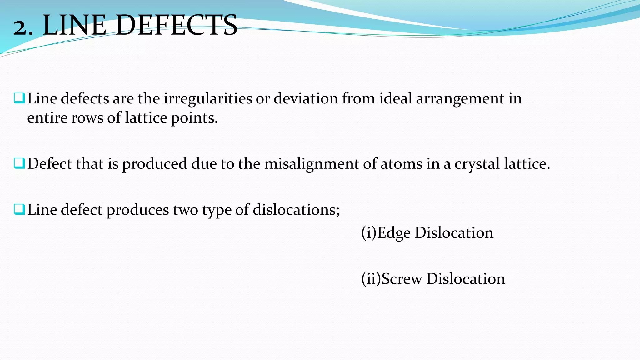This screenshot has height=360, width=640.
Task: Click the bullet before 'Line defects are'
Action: pos(19,98)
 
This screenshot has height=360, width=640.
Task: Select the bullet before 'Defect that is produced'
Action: pos(19,163)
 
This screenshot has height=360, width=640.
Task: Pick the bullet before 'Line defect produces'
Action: pos(19,209)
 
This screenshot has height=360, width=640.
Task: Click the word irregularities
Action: pos(208,99)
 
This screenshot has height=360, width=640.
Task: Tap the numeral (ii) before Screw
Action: pos(371,279)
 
